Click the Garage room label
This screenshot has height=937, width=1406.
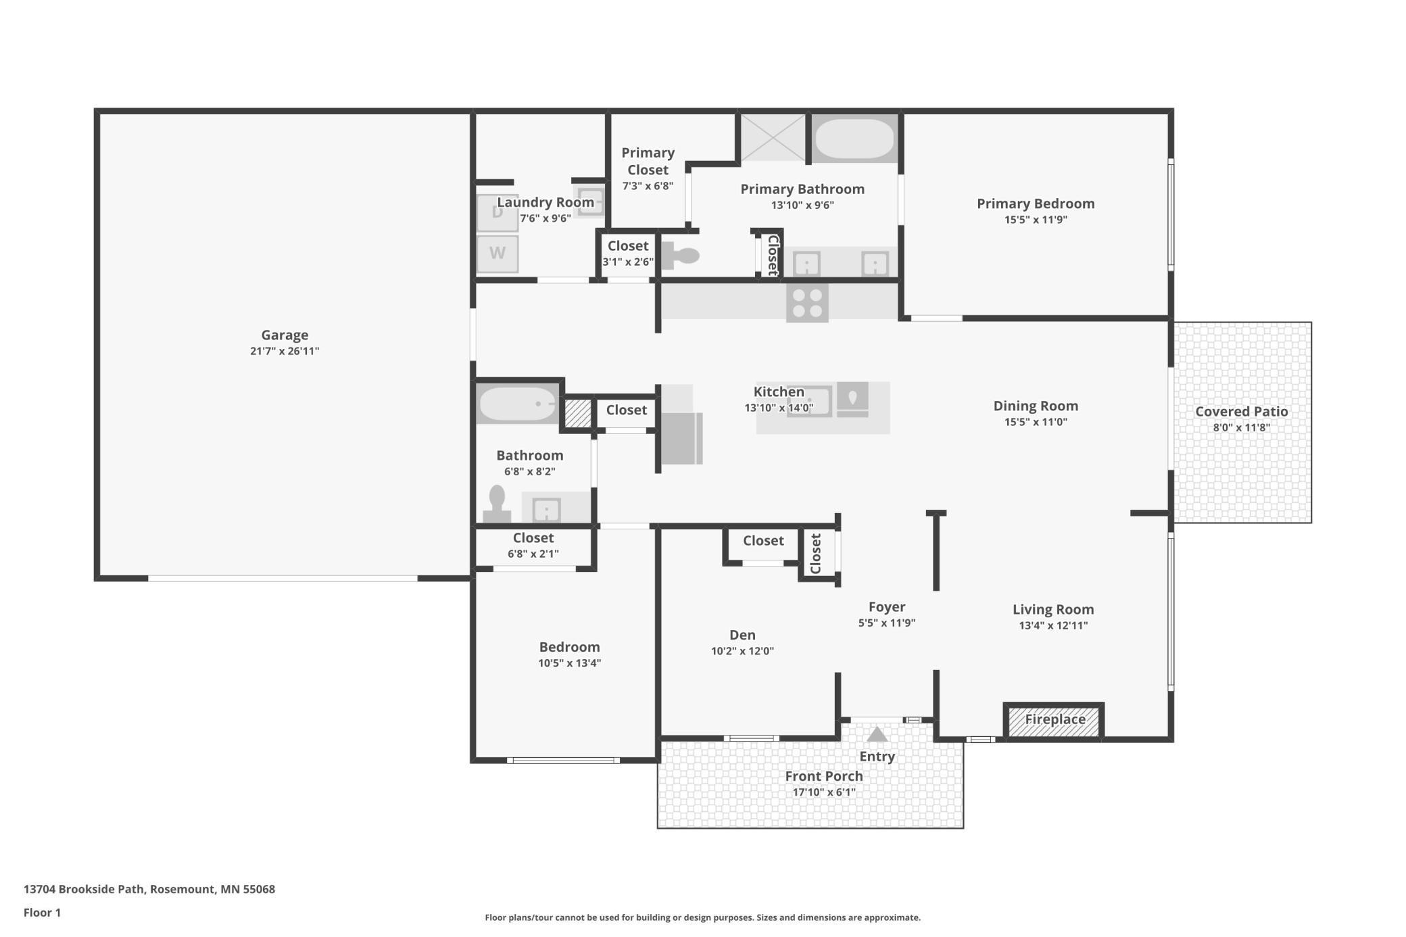click(x=285, y=335)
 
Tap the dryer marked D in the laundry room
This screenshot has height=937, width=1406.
click(x=498, y=213)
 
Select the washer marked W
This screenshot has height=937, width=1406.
click(x=498, y=254)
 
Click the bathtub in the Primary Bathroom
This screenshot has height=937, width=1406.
click(x=854, y=139)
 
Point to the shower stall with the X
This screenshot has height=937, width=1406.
click(x=773, y=138)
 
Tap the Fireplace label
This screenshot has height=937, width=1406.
click(x=1054, y=719)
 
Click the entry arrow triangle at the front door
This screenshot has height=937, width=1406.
click(x=877, y=734)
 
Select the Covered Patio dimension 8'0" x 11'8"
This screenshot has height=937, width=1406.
click(x=1241, y=427)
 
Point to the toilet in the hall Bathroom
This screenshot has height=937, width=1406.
click(x=498, y=504)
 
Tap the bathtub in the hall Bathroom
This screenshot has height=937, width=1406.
click(x=518, y=404)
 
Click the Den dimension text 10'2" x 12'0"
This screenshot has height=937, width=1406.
click(x=742, y=651)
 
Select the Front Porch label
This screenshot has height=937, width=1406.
click(x=823, y=776)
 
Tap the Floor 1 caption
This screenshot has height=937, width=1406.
click(x=42, y=913)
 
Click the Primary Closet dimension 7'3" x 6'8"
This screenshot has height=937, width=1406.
click(x=648, y=186)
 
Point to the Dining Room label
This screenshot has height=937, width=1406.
click(x=1036, y=406)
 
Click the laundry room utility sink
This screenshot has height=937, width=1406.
click(x=590, y=201)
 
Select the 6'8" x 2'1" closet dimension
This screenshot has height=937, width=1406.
click(x=533, y=554)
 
